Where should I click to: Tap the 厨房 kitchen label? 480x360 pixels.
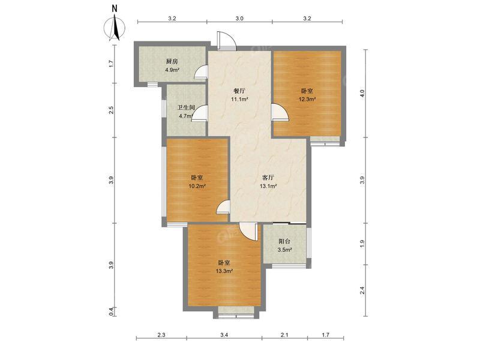coord(172,62)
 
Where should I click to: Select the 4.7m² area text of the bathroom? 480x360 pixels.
coord(184,116)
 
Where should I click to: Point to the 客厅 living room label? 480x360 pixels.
coord(268,178)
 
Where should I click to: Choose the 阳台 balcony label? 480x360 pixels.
coord(284,241)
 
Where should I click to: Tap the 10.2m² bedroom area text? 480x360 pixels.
coord(197,186)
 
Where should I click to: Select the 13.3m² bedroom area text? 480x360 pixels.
coord(224,271)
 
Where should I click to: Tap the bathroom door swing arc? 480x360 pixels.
coord(200,114)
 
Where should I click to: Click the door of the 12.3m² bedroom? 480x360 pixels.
coord(278,112)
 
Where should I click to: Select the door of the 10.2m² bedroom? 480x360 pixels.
coord(223,208)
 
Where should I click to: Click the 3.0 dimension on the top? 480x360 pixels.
coord(239,19)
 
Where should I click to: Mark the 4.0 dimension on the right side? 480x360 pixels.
coord(362,94)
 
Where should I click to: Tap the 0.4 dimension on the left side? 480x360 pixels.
coord(112,311)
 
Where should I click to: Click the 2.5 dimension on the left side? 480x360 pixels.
coord(112,110)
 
